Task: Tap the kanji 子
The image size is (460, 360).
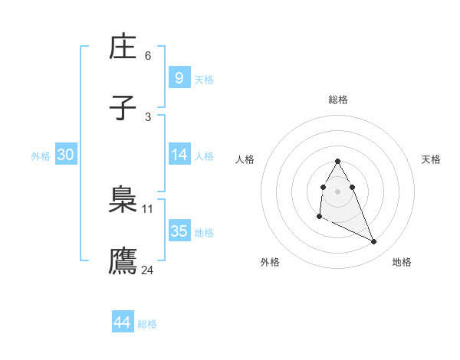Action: tap(123, 109)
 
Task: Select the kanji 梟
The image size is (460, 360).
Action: tap(123, 201)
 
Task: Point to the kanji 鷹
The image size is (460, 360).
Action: tap(123, 260)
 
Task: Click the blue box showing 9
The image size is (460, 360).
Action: tap(179, 78)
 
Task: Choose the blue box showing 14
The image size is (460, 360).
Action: tap(179, 155)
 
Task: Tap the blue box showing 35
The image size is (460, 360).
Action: tap(179, 231)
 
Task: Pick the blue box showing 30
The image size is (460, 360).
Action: tap(66, 155)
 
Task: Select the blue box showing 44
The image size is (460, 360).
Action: tap(123, 322)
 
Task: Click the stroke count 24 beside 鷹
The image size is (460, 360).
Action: tap(148, 270)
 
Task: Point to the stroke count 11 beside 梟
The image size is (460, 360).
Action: tap(148, 208)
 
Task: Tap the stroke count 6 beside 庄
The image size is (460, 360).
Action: tap(148, 55)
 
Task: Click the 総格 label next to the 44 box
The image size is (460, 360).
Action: tap(147, 324)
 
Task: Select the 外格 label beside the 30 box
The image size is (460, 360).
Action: tap(41, 155)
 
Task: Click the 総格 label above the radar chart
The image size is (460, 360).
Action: tap(338, 100)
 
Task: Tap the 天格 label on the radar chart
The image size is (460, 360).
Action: tap(432, 159)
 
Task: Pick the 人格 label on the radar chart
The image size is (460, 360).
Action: tap(245, 159)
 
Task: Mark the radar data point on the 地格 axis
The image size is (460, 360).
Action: tap(374, 242)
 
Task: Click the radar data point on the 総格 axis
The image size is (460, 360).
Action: tap(338, 161)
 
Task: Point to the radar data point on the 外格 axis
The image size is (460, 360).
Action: tap(319, 218)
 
